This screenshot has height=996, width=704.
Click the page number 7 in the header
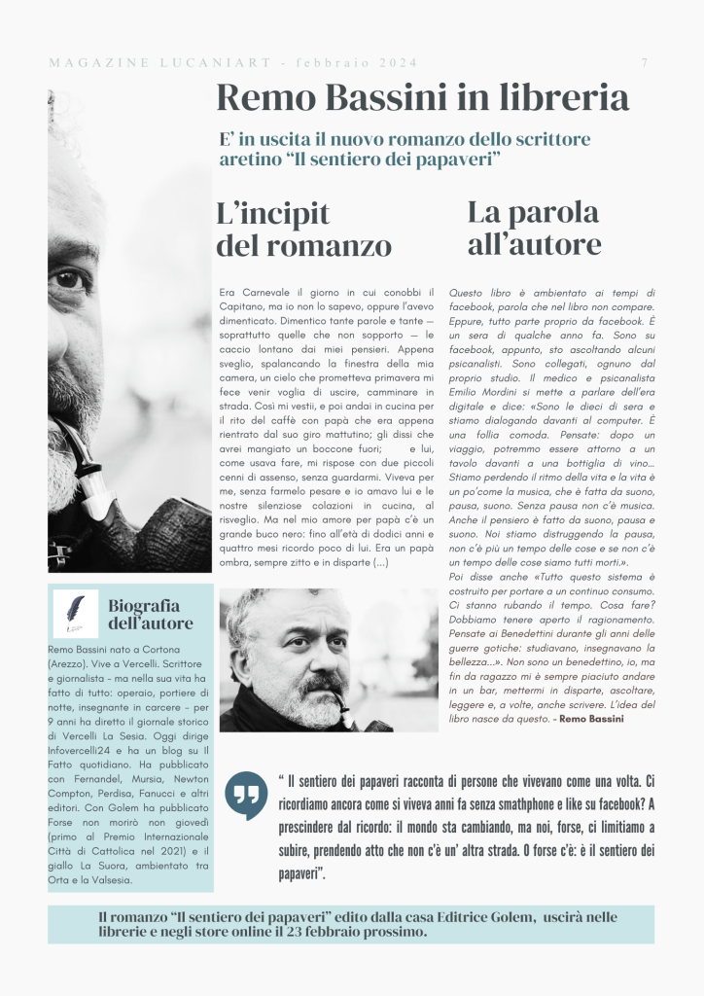(645, 63)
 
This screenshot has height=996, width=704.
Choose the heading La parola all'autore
(534, 227)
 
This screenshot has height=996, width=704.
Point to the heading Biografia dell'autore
(151, 614)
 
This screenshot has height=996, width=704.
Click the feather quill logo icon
(76, 613)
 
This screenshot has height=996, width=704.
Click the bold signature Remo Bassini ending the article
(594, 718)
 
